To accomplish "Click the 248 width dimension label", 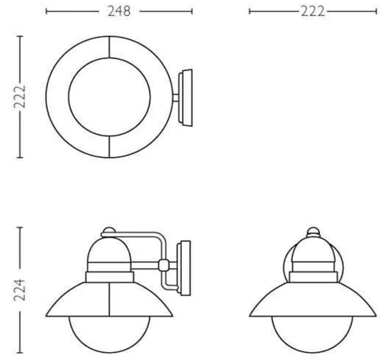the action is tap(119, 11).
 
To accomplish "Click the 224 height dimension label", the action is tap(20, 290).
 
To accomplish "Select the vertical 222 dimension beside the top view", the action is tap(20, 97).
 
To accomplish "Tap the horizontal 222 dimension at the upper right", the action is tap(313, 12).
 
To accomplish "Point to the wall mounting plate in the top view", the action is tap(186, 97).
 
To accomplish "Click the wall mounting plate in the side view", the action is tap(184, 268).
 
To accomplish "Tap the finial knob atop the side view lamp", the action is tap(109, 231).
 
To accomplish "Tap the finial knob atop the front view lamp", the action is tap(313, 231).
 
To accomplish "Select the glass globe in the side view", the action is tap(109, 352).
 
